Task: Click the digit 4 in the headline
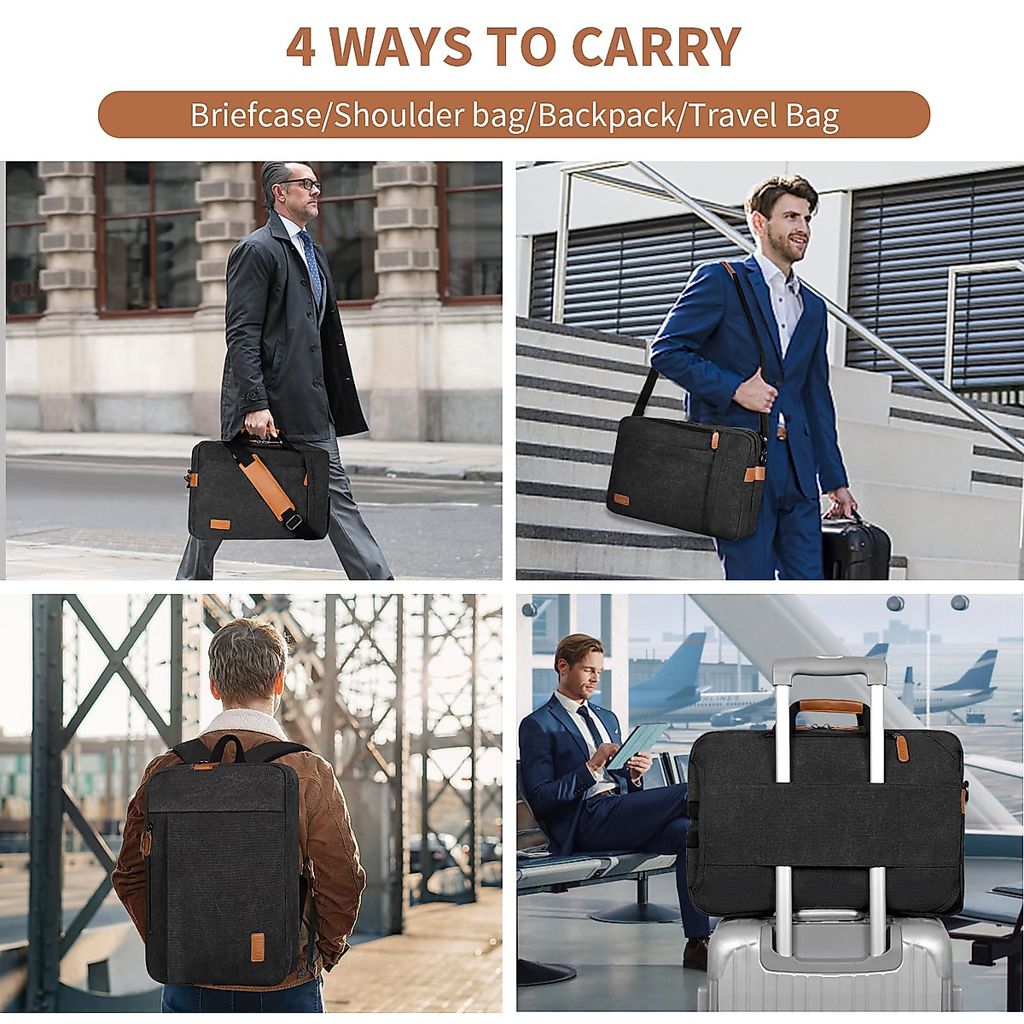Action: click(x=300, y=47)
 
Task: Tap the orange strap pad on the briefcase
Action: click(x=264, y=483)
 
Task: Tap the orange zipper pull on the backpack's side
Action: click(x=146, y=841)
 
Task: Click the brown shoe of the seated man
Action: click(x=695, y=952)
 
